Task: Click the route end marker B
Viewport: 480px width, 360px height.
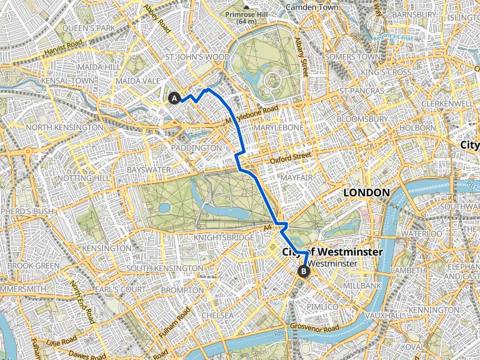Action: pyautogui.click(x=304, y=271)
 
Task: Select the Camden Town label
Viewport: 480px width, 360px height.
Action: pyautogui.click(x=311, y=7)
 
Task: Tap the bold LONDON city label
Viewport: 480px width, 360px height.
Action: pyautogui.click(x=367, y=193)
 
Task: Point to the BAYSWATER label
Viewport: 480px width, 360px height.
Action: pyautogui.click(x=144, y=169)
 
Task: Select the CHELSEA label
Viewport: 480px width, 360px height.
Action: pyautogui.click(x=217, y=316)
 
